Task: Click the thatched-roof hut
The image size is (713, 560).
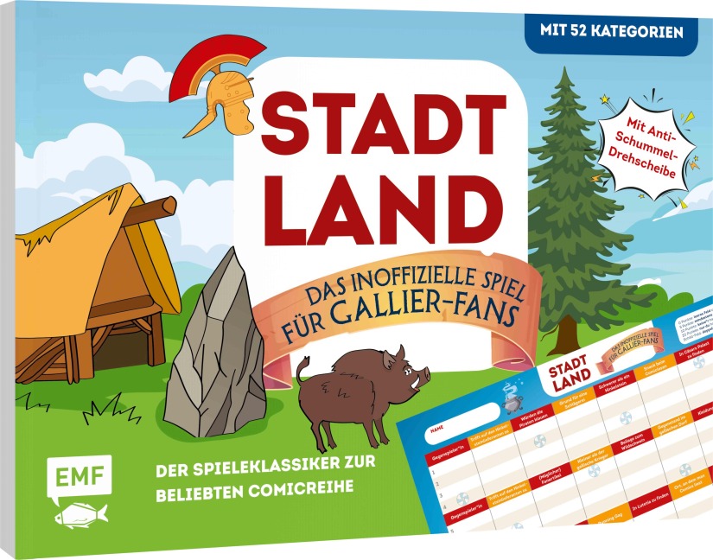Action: click(x=86, y=277)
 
